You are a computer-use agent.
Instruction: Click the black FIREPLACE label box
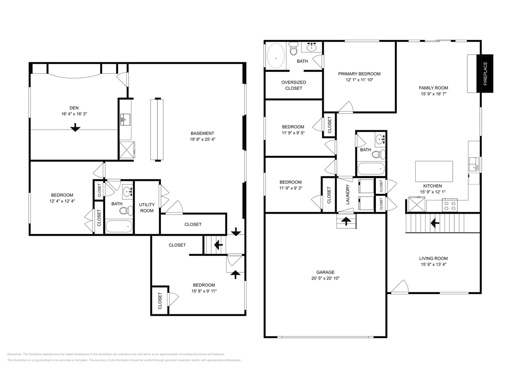[x=485, y=73]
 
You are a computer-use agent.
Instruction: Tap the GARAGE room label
[x=325, y=272]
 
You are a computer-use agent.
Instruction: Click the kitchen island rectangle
[x=434, y=171]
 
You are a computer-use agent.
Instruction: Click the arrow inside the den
[x=75, y=128]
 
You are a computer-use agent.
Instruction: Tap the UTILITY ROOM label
[x=147, y=207]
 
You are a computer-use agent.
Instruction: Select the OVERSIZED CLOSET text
[x=293, y=85]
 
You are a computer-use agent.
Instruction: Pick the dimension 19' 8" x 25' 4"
[x=202, y=139]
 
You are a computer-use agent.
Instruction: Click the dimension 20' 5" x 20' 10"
[x=325, y=278]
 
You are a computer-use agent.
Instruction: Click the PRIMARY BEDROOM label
[x=359, y=74]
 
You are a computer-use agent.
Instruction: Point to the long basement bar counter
[x=157, y=129]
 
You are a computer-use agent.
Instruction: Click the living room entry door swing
[x=401, y=287]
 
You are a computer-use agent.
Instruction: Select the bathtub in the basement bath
[x=119, y=226]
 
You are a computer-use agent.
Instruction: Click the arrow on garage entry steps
[x=346, y=222]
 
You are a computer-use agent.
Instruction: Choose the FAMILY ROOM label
[x=433, y=88]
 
